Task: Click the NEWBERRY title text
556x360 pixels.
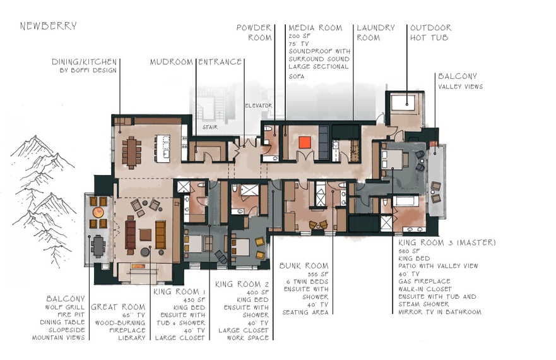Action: pyautogui.click(x=48, y=26)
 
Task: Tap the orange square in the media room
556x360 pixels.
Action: pyautogui.click(x=304, y=141)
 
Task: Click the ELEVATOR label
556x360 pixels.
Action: pyautogui.click(x=258, y=105)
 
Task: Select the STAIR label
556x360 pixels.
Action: pyautogui.click(x=210, y=127)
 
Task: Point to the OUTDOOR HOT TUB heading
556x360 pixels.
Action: pyautogui.click(x=430, y=33)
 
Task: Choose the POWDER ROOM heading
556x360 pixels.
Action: pyautogui.click(x=254, y=33)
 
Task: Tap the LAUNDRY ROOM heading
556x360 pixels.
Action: pyautogui.click(x=376, y=33)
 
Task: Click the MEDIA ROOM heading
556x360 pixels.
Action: pyautogui.click(x=315, y=28)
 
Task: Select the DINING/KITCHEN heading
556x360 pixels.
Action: pyautogui.click(x=85, y=62)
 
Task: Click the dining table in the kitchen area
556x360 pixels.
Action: pyautogui.click(x=132, y=151)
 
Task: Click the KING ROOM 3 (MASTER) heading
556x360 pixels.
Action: pyautogui.click(x=447, y=243)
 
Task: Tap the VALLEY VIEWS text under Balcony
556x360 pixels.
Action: pyautogui.click(x=460, y=87)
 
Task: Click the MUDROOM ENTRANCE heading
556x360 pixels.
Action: pyautogui.click(x=196, y=62)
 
